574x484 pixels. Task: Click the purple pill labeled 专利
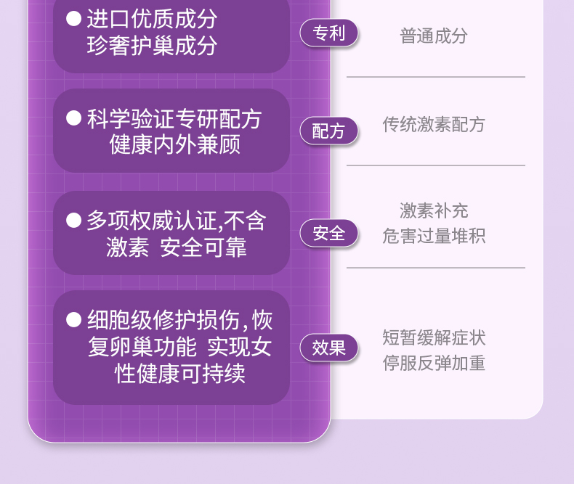pos(329,33)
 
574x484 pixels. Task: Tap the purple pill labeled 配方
pos(329,131)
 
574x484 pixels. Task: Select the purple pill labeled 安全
pos(329,233)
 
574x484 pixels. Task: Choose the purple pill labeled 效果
pos(329,348)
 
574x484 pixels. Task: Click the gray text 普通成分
pos(434,36)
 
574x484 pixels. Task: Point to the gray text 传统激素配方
pos(434,125)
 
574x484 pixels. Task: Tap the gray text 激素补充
pos(434,211)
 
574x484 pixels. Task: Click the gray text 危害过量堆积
pos(434,237)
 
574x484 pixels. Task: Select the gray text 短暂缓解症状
pos(434,338)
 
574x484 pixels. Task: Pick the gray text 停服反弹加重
pos(434,364)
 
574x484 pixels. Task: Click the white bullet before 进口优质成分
pos(73,19)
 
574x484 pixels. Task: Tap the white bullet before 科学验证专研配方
pos(73,118)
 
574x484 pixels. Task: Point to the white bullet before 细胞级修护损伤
pos(73,319)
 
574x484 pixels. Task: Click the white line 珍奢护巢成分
pos(152,46)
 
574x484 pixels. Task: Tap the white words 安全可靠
pos(203,247)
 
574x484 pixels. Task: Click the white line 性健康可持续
pos(181,374)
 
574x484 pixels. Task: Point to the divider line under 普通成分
pos(435,77)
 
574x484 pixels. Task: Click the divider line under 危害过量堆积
pos(435,268)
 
